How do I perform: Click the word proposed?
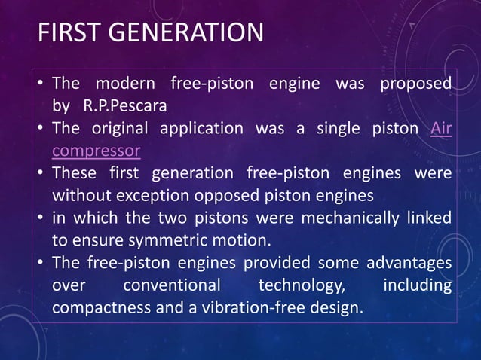pyautogui.click(x=416, y=82)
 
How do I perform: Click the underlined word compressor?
pyautogui.click(x=96, y=151)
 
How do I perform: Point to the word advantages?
pyautogui.click(x=409, y=264)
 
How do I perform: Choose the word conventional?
pyautogui.click(x=172, y=286)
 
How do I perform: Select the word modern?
pyautogui.click(x=124, y=82)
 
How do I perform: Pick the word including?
pyautogui.click(x=418, y=286)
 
